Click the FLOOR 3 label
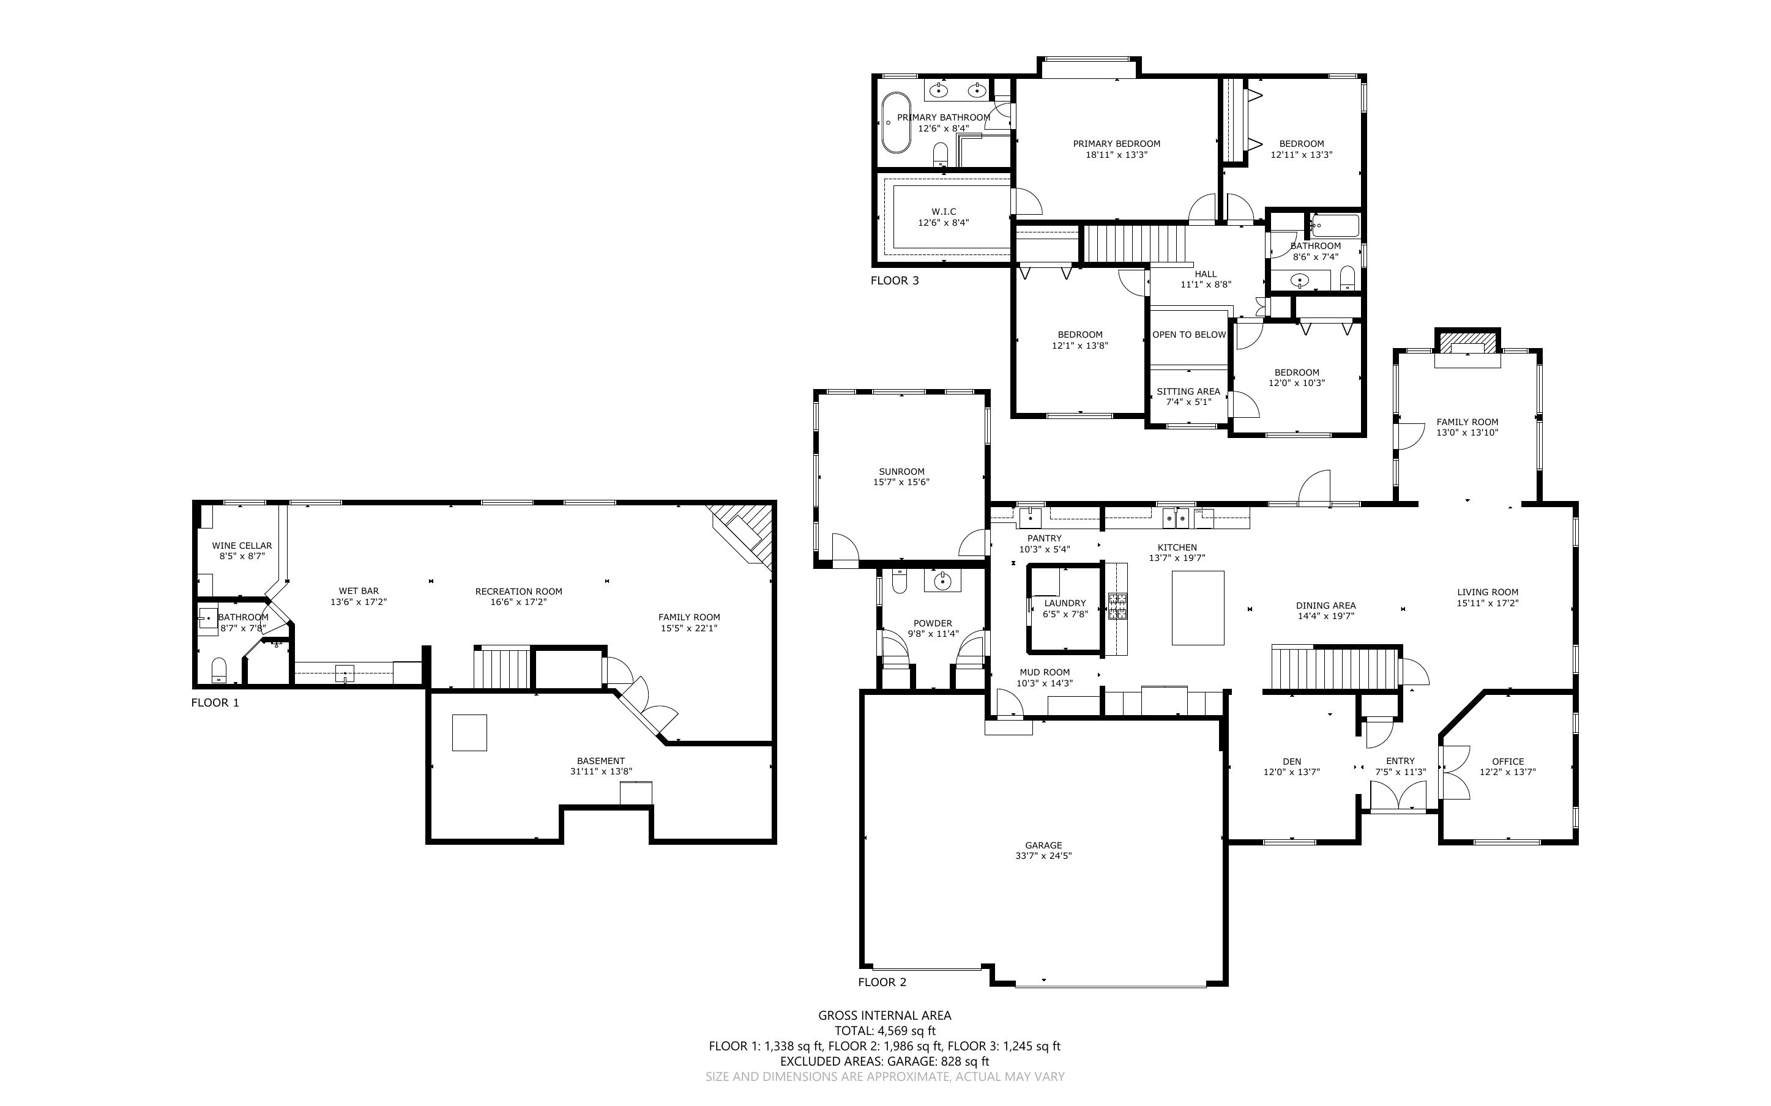coord(894,280)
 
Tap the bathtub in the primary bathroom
coord(895,122)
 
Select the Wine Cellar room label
coord(241,546)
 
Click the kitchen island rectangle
coord(1198,607)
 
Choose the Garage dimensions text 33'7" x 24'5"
coord(1043,855)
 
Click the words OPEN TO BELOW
coord(1188,334)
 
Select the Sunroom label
coord(901,472)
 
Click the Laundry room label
coord(1064,604)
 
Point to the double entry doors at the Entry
coord(1398,796)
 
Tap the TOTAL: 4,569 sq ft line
coord(884,1031)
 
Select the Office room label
coord(1508,762)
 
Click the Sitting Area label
coord(1188,392)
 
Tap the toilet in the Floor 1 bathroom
coord(218,669)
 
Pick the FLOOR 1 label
coord(215,703)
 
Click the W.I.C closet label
coord(944,212)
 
